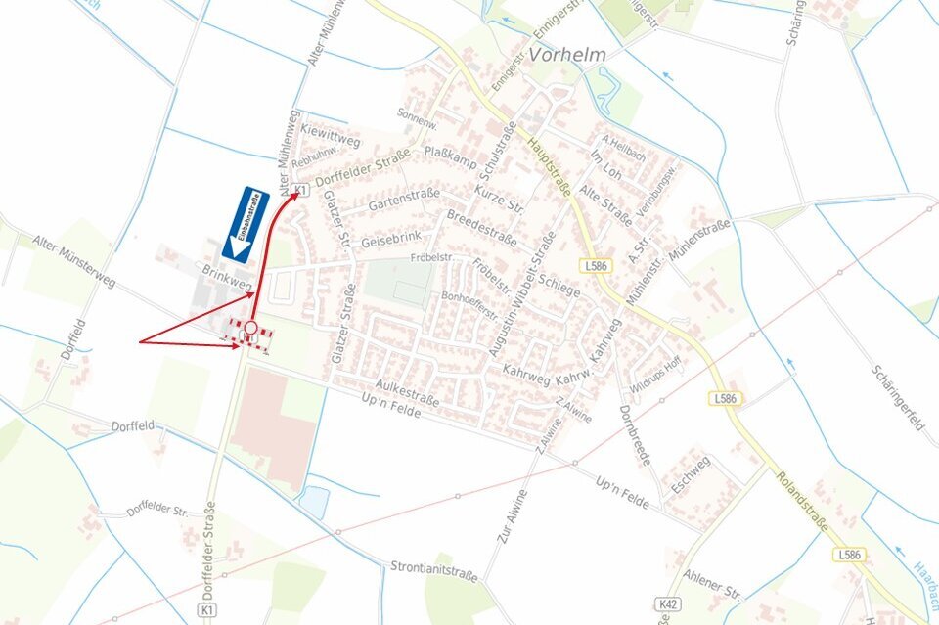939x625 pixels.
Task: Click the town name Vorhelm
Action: pos(567,55)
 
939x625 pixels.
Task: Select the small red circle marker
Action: pos(251,328)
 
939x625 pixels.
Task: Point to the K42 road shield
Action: pos(669,604)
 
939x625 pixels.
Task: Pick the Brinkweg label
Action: pos(228,278)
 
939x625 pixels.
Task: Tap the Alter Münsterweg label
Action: pos(73,261)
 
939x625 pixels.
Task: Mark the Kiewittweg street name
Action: pos(331,136)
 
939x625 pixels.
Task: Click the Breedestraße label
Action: pos(480,228)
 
